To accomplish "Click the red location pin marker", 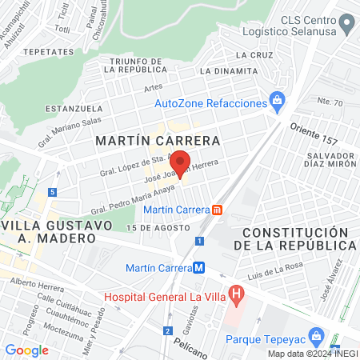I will [x=181, y=164].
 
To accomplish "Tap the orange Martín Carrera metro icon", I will [x=217, y=210].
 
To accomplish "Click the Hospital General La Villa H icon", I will [x=235, y=293].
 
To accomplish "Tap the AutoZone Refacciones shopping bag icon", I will [x=277, y=100].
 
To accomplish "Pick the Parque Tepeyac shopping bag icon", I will [x=316, y=335].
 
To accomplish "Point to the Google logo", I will [x=27, y=350].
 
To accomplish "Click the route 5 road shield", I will [x=52, y=192].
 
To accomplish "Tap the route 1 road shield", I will [x=198, y=240].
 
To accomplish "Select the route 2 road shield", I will [x=167, y=330].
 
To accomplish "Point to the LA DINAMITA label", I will [x=228, y=71].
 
